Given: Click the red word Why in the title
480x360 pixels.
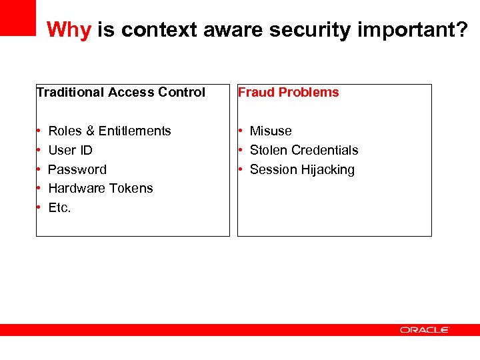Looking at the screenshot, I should [x=69, y=30].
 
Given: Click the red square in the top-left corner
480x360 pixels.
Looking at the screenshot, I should [x=17, y=17].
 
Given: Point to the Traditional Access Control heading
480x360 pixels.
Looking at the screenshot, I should [x=121, y=93].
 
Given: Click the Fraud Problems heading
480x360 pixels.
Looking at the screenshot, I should [x=289, y=93].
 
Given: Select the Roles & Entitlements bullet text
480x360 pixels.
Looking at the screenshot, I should [x=109, y=131].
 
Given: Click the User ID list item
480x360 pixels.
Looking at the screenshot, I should [x=70, y=151].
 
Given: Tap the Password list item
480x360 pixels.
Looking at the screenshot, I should [x=77, y=170].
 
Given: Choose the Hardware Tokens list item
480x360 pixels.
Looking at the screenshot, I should [x=101, y=189].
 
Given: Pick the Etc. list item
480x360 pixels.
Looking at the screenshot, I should [x=59, y=208].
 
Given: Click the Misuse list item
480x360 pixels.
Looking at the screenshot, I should [x=271, y=131].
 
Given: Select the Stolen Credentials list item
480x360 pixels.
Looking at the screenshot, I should [x=304, y=151].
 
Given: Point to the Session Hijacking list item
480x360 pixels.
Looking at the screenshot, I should [x=302, y=170].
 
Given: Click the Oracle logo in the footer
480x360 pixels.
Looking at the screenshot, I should [x=425, y=330].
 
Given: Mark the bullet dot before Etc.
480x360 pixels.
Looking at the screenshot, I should [x=40, y=208].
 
